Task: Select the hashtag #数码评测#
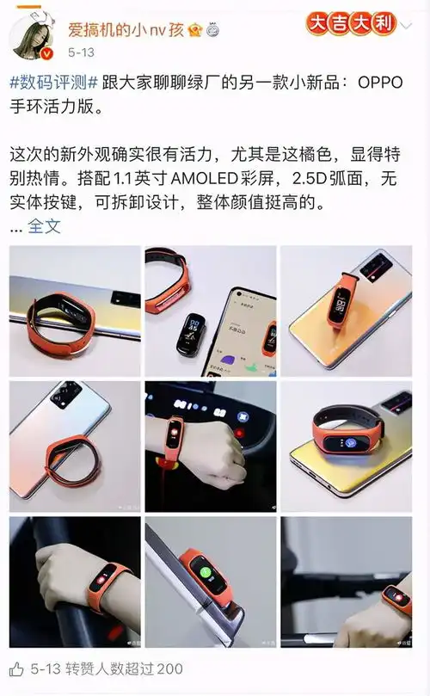coord(53,82)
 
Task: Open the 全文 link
coord(45,226)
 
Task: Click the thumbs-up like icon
coord(17,668)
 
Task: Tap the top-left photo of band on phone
coord(74,311)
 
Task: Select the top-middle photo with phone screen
coord(210,311)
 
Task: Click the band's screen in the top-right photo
coord(341,305)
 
